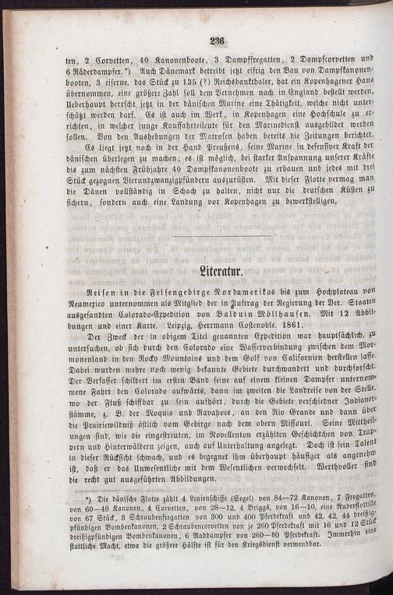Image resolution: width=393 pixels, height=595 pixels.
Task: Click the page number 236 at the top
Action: pyautogui.click(x=217, y=43)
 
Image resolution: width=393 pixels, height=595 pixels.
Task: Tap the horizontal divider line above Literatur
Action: pyautogui.click(x=221, y=235)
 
